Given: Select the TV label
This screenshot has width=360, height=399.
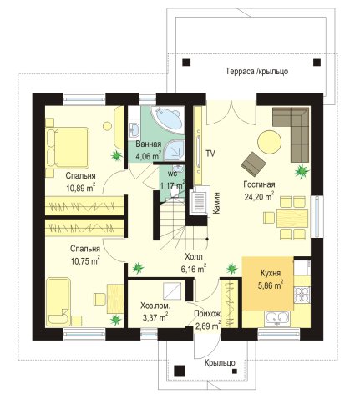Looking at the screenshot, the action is coord(210,154).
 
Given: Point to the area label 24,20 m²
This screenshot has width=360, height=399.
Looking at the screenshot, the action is coord(259,196).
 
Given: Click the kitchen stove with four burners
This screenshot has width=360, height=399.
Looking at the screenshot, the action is coord(302,295).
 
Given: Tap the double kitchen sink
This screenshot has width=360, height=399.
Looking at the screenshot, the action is coord(277,319).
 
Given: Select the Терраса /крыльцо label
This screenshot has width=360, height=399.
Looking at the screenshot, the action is coord(256,72).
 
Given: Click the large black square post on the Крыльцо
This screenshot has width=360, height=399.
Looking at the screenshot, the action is coord(180,371).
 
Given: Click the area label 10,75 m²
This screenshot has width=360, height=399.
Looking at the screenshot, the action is coord(85,261).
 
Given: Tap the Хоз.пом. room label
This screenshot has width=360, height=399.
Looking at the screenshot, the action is coord(155,306).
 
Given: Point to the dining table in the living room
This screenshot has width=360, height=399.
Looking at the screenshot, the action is coord(292,218).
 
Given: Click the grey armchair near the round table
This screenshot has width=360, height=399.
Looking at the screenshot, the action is coord(253,164).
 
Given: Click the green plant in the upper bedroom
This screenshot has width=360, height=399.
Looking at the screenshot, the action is coord(116,155).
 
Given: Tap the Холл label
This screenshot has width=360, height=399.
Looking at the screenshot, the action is coord(194,256).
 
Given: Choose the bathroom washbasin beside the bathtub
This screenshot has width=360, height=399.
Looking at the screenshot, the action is coord(135,129).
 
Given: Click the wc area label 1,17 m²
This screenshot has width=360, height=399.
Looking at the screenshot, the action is coord(173,184).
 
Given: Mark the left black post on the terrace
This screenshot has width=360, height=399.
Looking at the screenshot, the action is coord(186,62).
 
